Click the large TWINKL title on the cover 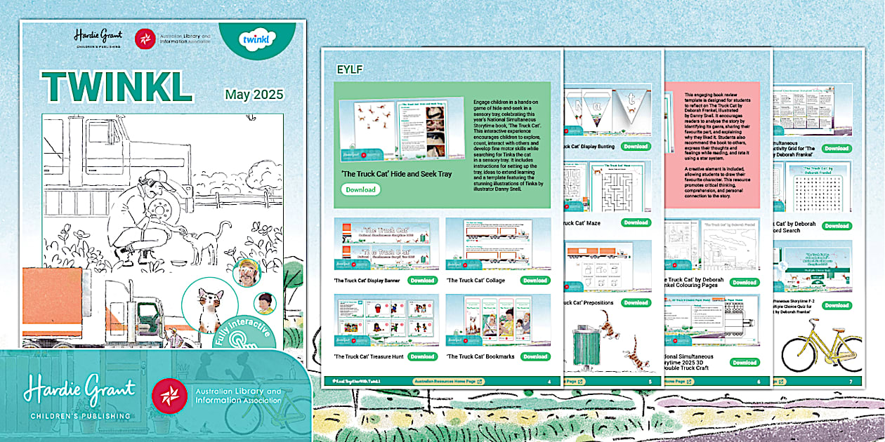point(117,87)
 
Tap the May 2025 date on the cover point(254,95)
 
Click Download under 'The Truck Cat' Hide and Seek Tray point(360,189)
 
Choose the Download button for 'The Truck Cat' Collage point(535,281)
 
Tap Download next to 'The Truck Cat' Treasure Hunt point(422,356)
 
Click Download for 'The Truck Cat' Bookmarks point(535,356)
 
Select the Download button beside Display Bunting point(635,147)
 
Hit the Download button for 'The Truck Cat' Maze point(635,223)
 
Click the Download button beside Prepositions point(635,303)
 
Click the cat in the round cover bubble point(209,309)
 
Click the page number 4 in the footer point(549,382)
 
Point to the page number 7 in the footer point(850,382)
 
